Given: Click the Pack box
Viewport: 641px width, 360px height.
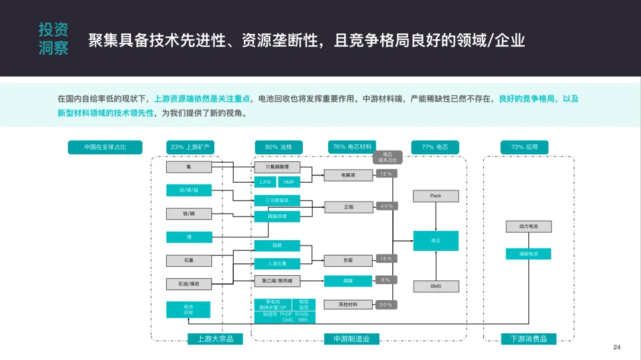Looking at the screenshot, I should coord(436,196).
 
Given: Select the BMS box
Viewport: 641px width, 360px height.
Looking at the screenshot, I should coord(436,286).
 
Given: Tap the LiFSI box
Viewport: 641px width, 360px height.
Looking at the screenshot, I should coord(265,182).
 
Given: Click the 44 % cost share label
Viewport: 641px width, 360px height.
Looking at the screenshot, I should coord(386,206).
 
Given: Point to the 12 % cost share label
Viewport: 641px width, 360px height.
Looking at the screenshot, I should coord(386,174).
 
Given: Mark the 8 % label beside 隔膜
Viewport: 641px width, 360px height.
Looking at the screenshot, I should coord(386,280).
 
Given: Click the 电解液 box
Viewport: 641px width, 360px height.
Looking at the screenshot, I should coord(348,176).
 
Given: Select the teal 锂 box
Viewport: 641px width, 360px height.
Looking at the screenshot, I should coord(189,237).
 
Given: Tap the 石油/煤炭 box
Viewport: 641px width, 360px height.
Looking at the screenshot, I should coord(189,285).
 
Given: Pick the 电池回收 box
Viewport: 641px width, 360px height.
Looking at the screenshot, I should coord(188,309).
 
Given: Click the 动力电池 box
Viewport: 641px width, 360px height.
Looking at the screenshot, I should coord(528,227).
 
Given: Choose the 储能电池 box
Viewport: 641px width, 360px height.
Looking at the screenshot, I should coord(528,254).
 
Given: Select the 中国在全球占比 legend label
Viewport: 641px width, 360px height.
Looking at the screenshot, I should coord(105,147).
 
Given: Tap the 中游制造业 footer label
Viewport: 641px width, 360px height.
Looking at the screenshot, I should coord(351,339).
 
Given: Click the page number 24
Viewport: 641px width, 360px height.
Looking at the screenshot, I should coord(616,347).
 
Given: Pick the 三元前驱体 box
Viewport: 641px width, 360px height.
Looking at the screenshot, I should coord(277,200).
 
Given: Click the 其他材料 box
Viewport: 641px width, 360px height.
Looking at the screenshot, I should coord(348,304).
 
